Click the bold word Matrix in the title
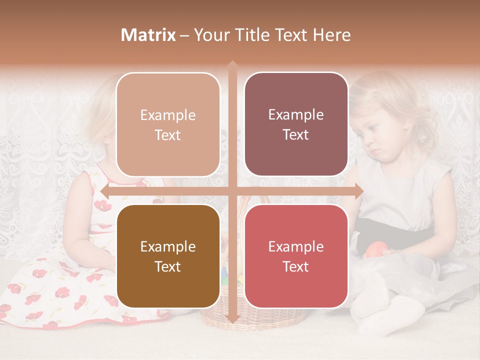pos(148,35)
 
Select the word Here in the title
pos(332,35)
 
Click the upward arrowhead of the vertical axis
pos(232,65)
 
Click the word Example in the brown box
pos(168,247)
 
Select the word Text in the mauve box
pos(296,135)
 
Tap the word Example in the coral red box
pos(296,247)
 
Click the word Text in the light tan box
pos(168,135)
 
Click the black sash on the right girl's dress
pos(400,230)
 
